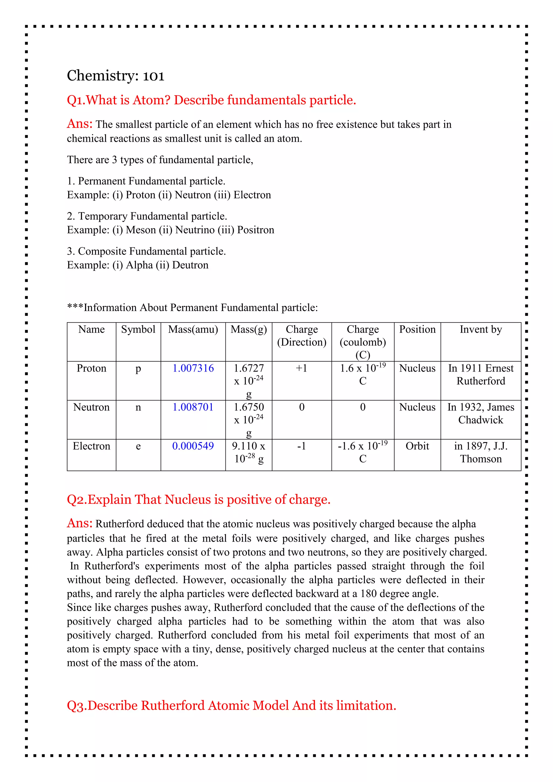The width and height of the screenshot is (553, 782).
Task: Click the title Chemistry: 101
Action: click(x=116, y=76)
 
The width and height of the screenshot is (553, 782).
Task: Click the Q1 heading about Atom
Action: click(x=211, y=100)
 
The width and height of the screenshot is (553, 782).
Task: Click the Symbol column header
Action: click(x=138, y=329)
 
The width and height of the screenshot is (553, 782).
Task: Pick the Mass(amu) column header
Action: click(x=193, y=329)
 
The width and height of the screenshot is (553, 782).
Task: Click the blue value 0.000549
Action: click(x=193, y=446)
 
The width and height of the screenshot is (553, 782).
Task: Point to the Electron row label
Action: click(x=91, y=446)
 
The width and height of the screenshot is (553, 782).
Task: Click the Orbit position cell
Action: click(x=417, y=446)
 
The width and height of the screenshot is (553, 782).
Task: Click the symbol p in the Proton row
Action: click(x=138, y=369)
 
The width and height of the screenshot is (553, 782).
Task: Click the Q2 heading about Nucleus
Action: click(x=198, y=499)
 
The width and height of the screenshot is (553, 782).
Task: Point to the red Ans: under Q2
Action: click(x=80, y=523)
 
